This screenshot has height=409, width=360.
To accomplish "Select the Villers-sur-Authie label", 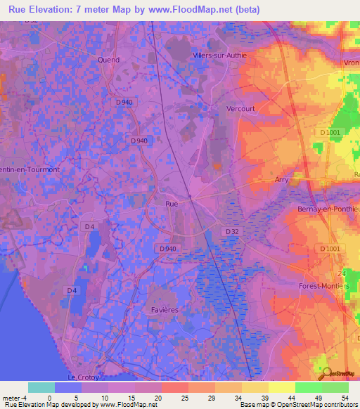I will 219,56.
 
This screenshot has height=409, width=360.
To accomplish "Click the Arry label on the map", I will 281,180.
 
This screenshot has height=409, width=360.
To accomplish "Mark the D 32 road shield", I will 233,231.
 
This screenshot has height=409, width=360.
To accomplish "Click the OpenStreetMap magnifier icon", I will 326,372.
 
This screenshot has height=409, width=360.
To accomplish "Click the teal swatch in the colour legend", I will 41,387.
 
